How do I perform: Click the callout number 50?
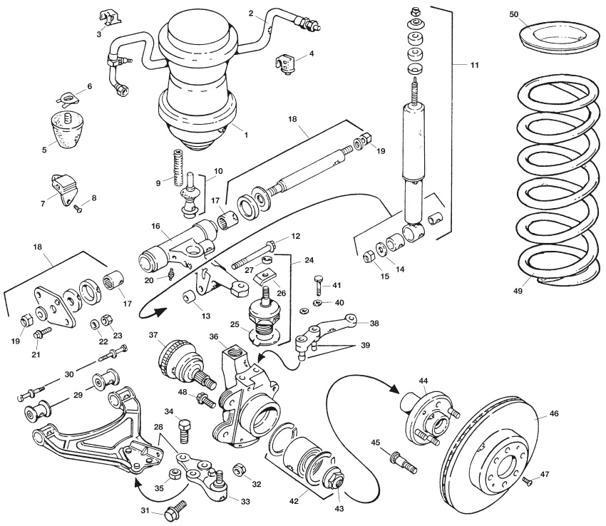point(518,14)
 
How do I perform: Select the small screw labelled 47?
point(528,483)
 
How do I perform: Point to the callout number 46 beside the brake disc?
point(554,413)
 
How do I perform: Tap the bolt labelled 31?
point(175,510)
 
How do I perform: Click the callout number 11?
point(473,66)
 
